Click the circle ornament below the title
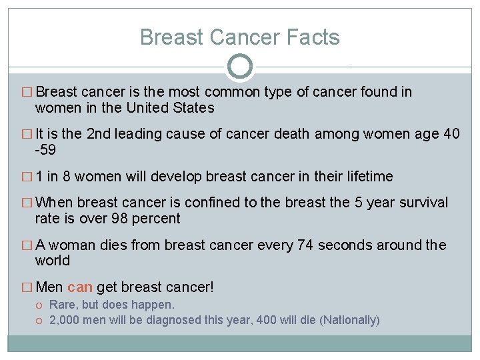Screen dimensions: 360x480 pos(240,67)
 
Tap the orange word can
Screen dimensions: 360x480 pos(80,287)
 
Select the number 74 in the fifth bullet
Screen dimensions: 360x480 pos(306,245)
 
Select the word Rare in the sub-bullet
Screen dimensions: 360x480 pos(63,305)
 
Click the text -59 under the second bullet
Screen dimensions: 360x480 pos(46,150)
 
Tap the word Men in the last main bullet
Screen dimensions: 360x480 pos(49,287)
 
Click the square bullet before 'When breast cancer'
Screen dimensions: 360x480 pos(27,203)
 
